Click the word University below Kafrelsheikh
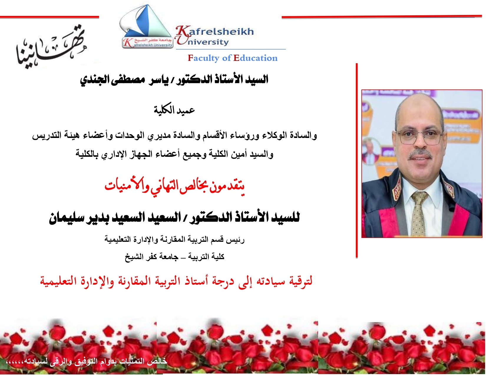[203, 42]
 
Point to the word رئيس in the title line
[236, 240]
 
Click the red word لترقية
[301, 281]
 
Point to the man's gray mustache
[421, 154]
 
